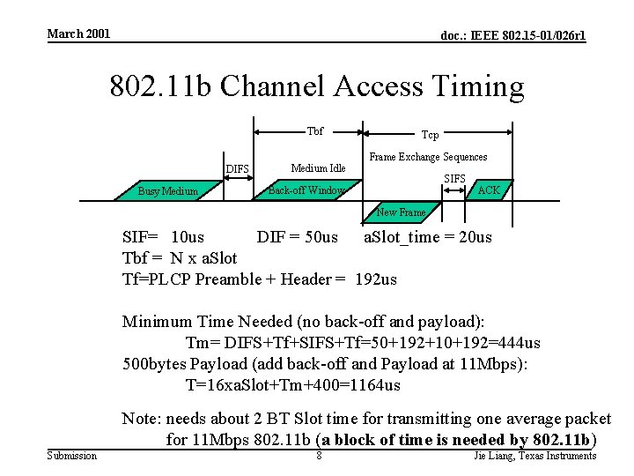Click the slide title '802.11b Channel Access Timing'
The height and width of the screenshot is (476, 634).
tap(316, 86)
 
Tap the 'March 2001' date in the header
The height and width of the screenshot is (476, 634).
tap(78, 33)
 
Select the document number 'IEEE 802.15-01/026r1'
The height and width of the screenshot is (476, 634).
tap(513, 35)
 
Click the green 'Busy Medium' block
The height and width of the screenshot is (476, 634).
tap(167, 190)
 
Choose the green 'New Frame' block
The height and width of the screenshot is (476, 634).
tap(401, 212)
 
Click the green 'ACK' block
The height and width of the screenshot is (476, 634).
tap(488, 190)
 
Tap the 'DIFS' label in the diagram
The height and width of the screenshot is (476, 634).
tap(238, 169)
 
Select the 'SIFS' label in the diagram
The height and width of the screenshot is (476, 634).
tap(454, 179)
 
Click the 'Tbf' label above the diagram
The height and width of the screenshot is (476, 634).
tap(314, 131)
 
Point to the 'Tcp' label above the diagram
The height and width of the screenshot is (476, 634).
tap(430, 135)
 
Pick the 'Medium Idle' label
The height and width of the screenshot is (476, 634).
tap(318, 168)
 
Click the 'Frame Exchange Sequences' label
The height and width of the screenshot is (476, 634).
tap(428, 157)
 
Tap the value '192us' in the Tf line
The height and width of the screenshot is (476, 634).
tap(376, 279)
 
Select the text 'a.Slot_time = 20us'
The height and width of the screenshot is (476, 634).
tap(428, 237)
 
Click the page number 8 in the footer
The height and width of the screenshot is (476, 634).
tap(319, 456)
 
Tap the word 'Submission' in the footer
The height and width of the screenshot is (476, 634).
tap(72, 456)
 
